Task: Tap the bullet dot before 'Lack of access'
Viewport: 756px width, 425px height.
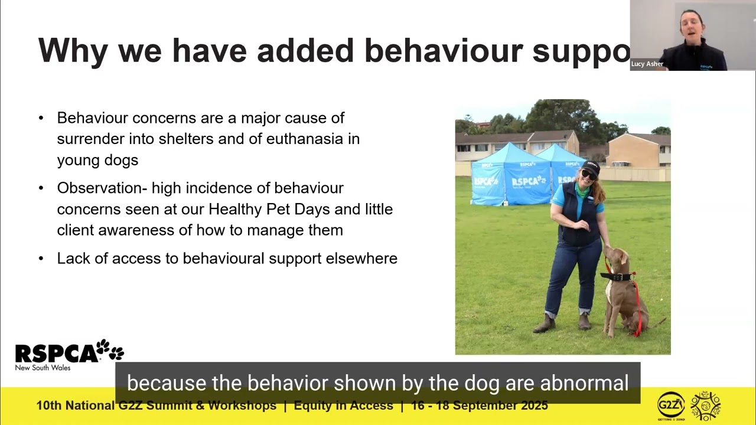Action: (x=41, y=258)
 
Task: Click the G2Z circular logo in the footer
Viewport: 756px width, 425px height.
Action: (x=671, y=405)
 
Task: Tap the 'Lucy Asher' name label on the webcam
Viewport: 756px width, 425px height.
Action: (x=647, y=64)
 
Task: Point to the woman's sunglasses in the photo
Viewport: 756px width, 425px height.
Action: (x=588, y=175)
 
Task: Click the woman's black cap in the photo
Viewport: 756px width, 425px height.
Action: (x=590, y=166)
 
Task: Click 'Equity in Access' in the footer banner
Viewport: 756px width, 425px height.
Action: (x=343, y=406)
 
